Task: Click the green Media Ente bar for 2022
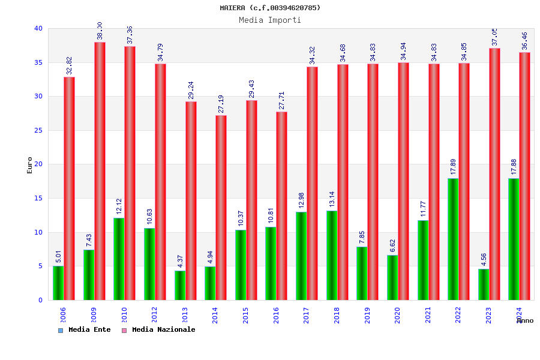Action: (453, 239)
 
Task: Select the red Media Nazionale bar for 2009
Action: (100, 171)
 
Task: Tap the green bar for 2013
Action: (180, 285)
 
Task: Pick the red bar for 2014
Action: (221, 208)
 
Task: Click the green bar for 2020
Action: (392, 277)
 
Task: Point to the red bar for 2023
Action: (494, 174)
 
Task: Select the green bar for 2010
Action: (119, 259)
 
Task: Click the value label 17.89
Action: (454, 167)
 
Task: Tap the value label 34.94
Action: (403, 52)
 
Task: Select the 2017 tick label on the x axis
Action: (307, 315)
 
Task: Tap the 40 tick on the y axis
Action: (38, 28)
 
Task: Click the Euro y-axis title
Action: (30, 165)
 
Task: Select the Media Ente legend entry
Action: (85, 329)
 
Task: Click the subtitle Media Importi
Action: (270, 20)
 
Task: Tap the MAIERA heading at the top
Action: (270, 8)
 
